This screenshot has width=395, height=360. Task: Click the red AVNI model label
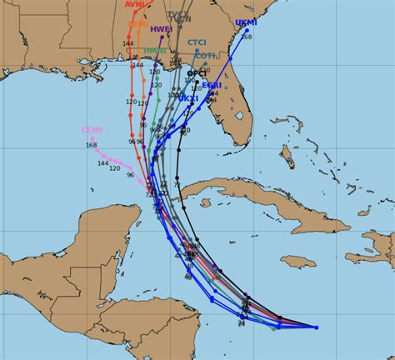pyautogui.click(x=136, y=4)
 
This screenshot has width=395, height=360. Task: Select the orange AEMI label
pyautogui.click(x=137, y=24)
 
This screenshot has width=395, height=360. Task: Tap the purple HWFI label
pyautogui.click(x=162, y=29)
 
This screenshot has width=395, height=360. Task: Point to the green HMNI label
pyautogui.click(x=154, y=51)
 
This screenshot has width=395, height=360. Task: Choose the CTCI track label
pyautogui.click(x=197, y=42)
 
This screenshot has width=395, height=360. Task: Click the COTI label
pyautogui.click(x=204, y=56)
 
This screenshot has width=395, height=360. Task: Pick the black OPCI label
pyautogui.click(x=196, y=73)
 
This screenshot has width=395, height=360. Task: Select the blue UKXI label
pyautogui.click(x=187, y=98)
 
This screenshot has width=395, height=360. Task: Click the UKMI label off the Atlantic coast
pyautogui.click(x=246, y=22)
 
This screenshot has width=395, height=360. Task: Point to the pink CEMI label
pyautogui.click(x=92, y=130)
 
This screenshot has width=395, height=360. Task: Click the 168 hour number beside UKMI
pyautogui.click(x=246, y=36)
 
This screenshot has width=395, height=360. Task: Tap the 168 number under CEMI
pyautogui.click(x=92, y=145)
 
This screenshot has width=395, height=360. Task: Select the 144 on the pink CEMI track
pyautogui.click(x=103, y=163)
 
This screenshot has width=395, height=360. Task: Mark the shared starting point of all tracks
pyautogui.click(x=316, y=327)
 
